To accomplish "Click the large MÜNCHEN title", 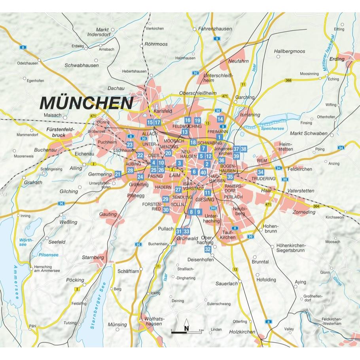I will tap(86, 102).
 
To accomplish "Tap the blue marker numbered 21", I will tap(117, 174).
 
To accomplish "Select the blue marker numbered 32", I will tap(208, 249).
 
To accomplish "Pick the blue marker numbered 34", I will tap(260, 172).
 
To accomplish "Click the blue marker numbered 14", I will tap(220, 119).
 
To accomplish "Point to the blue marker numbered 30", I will tap(166, 210).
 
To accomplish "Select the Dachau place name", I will tap(116, 89).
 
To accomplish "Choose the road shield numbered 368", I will tap(288, 80).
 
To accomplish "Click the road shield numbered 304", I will tap(316, 206).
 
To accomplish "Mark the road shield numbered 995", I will tap(213, 208).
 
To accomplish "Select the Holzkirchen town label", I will tap(242, 332).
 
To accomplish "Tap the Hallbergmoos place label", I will tap(290, 51).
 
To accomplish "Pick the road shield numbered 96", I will tap(61, 203).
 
